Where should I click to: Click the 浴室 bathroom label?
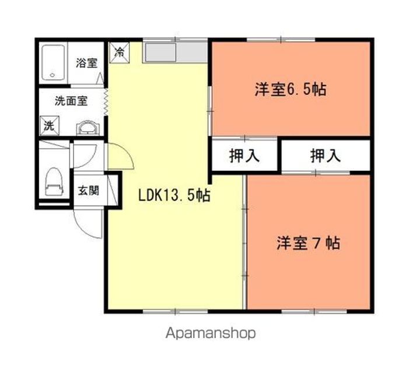[x=86, y=63]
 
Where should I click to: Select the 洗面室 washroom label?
[x=71, y=100]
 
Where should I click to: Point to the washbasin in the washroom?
[x=86, y=127]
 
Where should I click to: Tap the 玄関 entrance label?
[x=89, y=190]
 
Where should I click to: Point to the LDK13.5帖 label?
[x=174, y=196]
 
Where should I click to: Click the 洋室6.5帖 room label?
[x=290, y=90]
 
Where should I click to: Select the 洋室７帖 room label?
[x=308, y=243]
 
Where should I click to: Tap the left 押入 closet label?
[x=244, y=156]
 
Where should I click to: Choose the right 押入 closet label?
[x=325, y=156]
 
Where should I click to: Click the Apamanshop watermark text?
[x=211, y=334]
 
